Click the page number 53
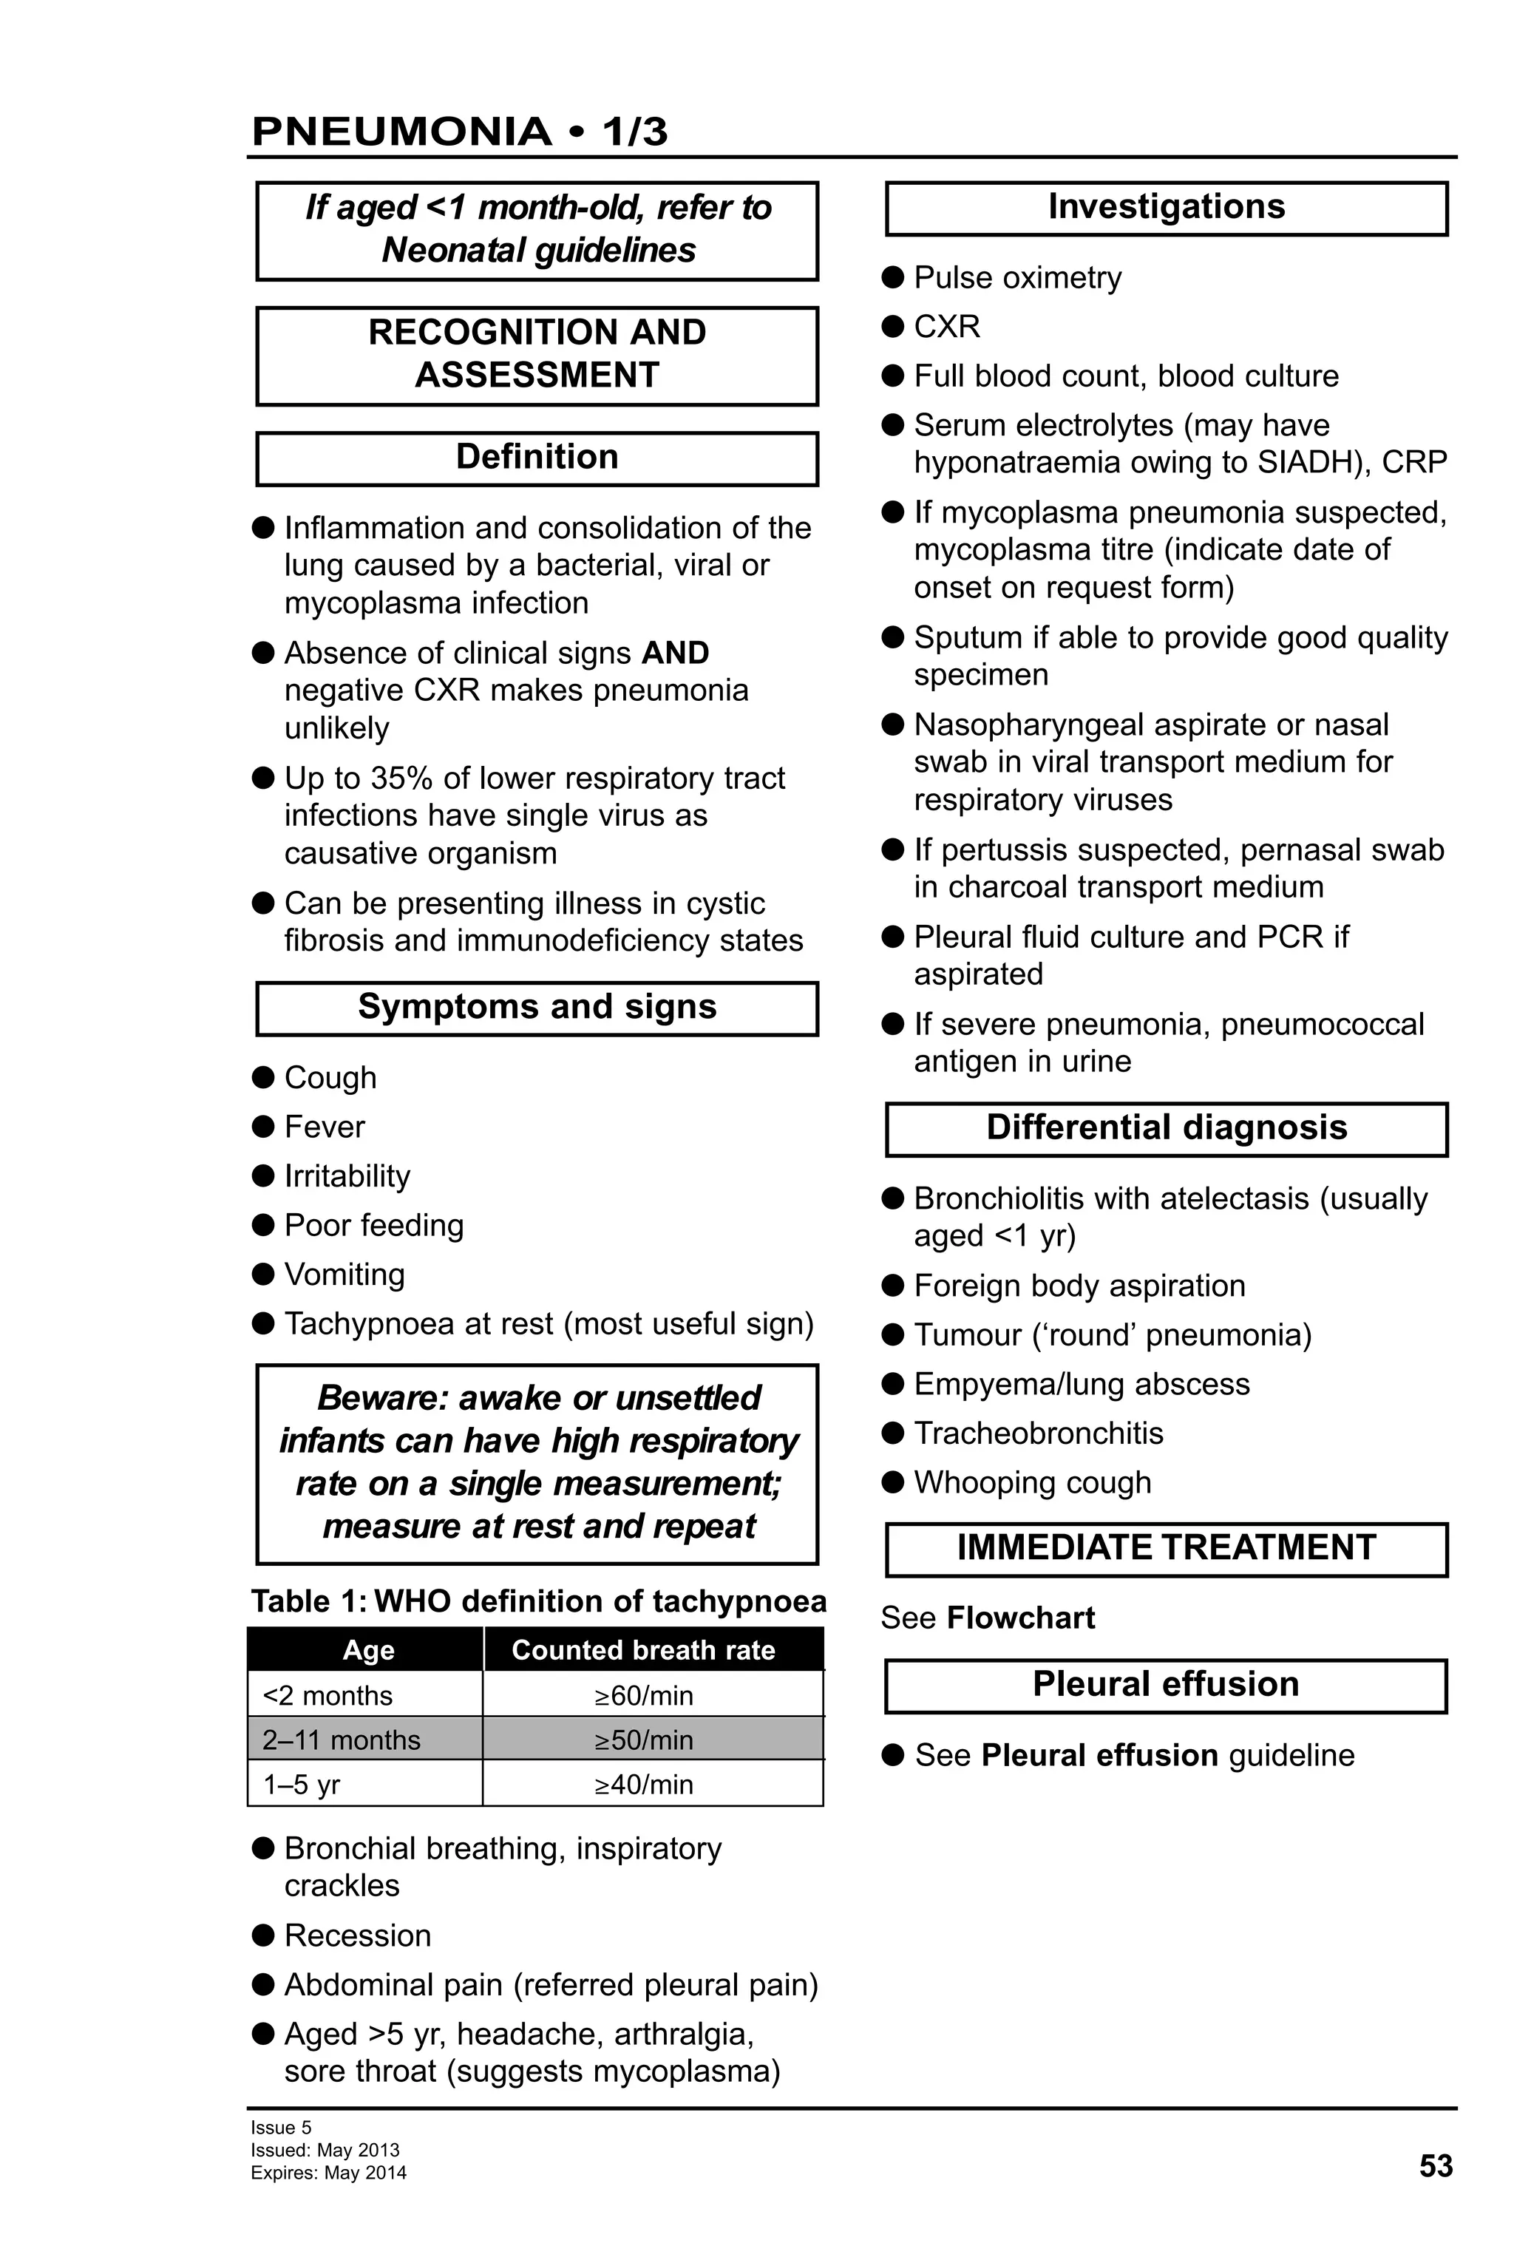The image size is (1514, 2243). click(x=1435, y=2166)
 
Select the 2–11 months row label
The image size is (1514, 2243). click(x=342, y=1740)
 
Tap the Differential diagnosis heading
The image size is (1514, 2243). click(x=1166, y=1127)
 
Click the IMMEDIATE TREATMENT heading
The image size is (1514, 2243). click(x=1166, y=1547)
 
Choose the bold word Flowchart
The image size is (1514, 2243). click(x=1021, y=1618)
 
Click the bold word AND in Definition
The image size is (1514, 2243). click(x=676, y=653)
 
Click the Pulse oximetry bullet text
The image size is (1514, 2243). click(x=1017, y=277)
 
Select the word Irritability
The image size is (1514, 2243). click(x=347, y=1175)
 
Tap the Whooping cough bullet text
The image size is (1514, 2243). click(x=1033, y=1482)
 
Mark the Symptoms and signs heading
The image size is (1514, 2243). click(x=537, y=1007)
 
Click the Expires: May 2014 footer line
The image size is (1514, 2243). click(x=328, y=2173)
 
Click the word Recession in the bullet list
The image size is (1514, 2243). click(x=357, y=1935)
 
